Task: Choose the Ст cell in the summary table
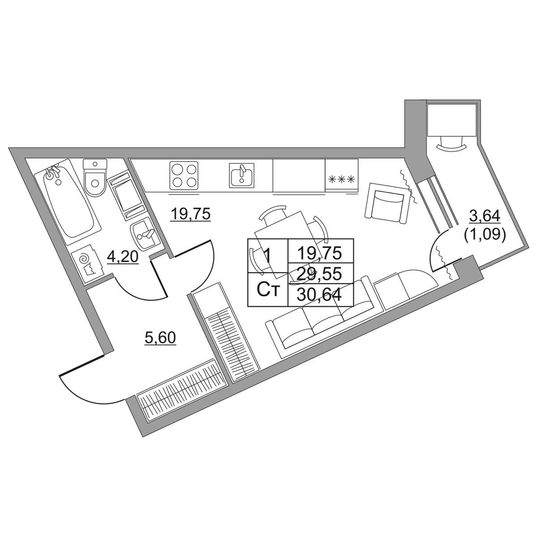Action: [268, 290]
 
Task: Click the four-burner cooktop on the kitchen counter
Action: [184, 175]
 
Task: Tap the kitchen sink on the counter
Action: [242, 175]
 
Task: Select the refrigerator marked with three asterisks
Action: [341, 175]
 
